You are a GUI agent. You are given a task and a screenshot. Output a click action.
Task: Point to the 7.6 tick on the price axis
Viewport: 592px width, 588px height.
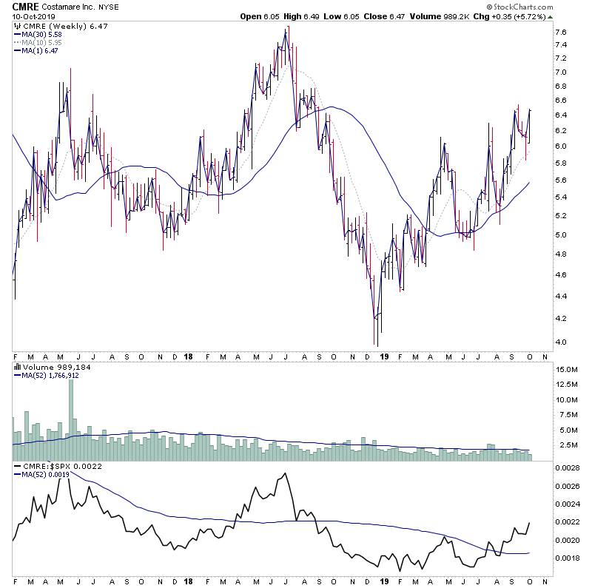point(561,33)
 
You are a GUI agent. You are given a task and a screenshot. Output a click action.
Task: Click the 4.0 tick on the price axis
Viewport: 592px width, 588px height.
point(561,342)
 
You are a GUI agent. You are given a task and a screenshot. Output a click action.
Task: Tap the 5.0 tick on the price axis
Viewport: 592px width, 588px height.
point(561,235)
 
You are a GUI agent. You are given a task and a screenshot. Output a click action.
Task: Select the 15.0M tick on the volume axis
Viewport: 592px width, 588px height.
point(568,369)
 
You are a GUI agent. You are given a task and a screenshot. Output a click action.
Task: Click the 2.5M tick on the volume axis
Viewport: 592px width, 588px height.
point(568,445)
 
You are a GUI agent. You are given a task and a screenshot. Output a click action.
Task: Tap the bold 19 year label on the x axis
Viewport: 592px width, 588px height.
point(383,356)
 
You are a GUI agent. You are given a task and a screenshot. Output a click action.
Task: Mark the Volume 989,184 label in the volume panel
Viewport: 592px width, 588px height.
point(47,365)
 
